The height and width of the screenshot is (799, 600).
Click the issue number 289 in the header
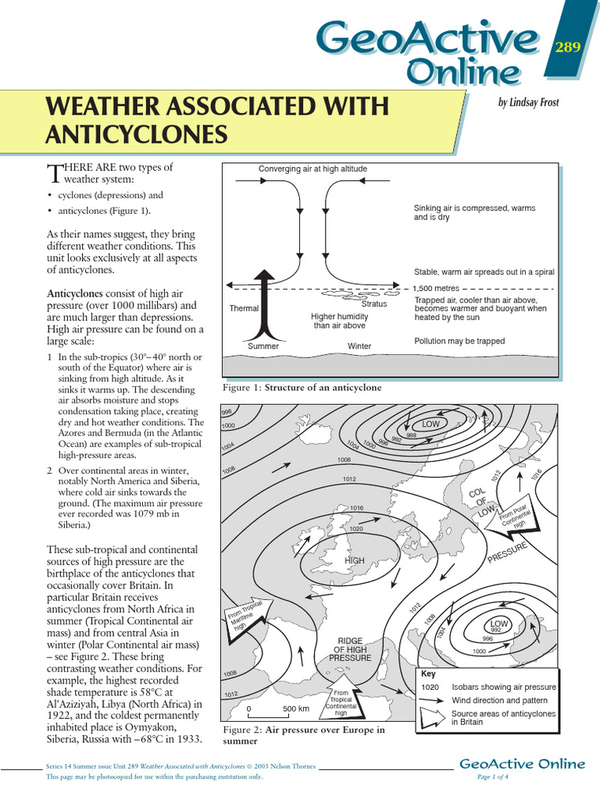(567, 48)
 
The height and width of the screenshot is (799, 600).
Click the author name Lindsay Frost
(528, 102)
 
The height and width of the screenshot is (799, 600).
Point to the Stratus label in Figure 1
(374, 304)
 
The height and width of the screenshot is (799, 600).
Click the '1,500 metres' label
(436, 288)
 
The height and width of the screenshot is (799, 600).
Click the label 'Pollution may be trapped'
(459, 341)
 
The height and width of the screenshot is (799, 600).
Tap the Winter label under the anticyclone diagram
(359, 346)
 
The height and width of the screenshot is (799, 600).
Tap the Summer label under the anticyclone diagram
(263, 346)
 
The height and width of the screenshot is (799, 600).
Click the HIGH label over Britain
(355, 560)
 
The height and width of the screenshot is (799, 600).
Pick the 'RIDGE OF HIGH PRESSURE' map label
(350, 648)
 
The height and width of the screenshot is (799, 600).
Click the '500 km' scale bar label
(296, 708)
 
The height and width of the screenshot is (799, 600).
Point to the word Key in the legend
(428, 673)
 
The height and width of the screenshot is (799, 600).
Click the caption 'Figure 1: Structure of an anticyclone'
(302, 387)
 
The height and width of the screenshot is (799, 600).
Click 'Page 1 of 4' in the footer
(493, 777)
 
